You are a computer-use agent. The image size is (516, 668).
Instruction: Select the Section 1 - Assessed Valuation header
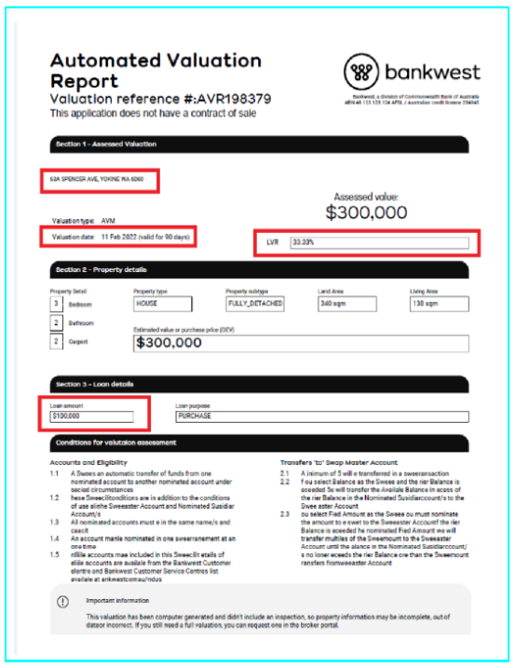coord(106,144)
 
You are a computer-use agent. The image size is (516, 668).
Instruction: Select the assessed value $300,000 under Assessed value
coord(366,213)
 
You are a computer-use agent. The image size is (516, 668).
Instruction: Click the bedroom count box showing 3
coord(56,304)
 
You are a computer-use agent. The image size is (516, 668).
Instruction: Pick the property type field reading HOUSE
coord(163,304)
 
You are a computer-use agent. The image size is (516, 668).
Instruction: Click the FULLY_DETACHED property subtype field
coord(254,304)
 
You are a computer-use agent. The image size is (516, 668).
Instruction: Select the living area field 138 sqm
coord(439,304)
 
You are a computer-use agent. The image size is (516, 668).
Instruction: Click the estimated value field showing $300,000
coord(300,343)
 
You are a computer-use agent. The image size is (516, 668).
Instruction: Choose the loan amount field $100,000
coord(92,416)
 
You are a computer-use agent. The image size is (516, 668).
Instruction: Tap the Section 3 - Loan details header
coord(95,384)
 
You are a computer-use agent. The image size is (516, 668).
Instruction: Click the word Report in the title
coord(85,81)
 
